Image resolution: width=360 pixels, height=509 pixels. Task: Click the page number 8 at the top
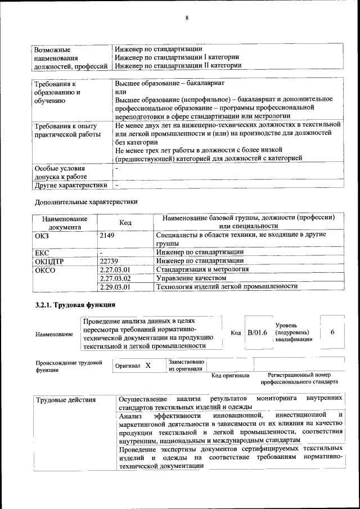[x=186, y=18]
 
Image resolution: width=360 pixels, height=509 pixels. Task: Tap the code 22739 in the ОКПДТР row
[x=109, y=261]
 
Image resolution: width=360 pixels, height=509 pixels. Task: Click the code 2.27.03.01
[x=115, y=269]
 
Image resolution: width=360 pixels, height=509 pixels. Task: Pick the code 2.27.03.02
[x=115, y=278]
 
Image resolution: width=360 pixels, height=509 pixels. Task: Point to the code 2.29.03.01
[x=115, y=286]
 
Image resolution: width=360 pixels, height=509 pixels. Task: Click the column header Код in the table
[x=125, y=223]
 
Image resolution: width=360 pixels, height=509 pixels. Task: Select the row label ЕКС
[x=42, y=253]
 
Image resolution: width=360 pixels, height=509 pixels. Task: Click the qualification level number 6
[x=332, y=332]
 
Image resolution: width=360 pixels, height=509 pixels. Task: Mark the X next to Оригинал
[x=148, y=366]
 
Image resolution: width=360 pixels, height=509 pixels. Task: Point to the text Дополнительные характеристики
[x=85, y=201]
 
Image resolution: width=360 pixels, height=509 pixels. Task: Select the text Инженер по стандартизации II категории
[x=178, y=65]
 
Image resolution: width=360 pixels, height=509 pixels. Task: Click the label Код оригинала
[x=230, y=375]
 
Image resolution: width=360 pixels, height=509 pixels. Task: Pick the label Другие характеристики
[x=70, y=184]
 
